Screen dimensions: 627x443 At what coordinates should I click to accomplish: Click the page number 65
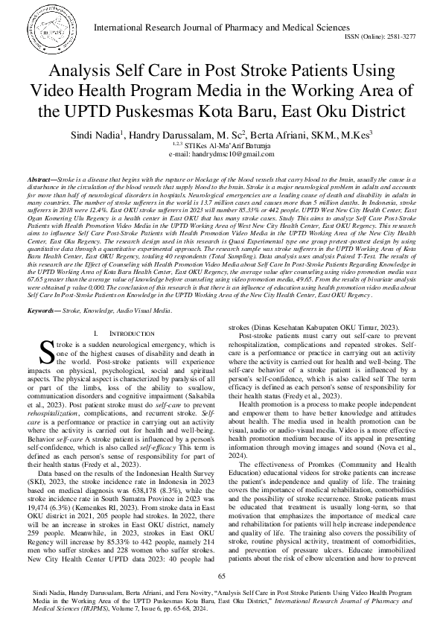(x=221, y=576)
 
